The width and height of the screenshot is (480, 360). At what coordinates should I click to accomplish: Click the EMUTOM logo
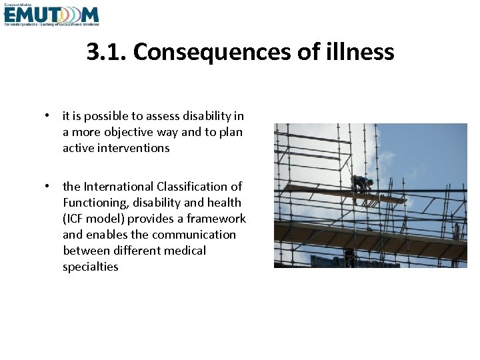51,15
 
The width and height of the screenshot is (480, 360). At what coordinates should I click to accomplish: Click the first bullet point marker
48,116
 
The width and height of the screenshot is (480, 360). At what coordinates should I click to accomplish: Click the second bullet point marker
48,187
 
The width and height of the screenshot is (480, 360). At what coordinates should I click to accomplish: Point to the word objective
128,132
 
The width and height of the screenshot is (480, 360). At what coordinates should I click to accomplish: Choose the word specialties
91,267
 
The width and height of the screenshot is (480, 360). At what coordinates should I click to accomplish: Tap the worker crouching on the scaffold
363,184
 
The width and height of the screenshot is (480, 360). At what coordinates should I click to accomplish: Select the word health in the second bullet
224,203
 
